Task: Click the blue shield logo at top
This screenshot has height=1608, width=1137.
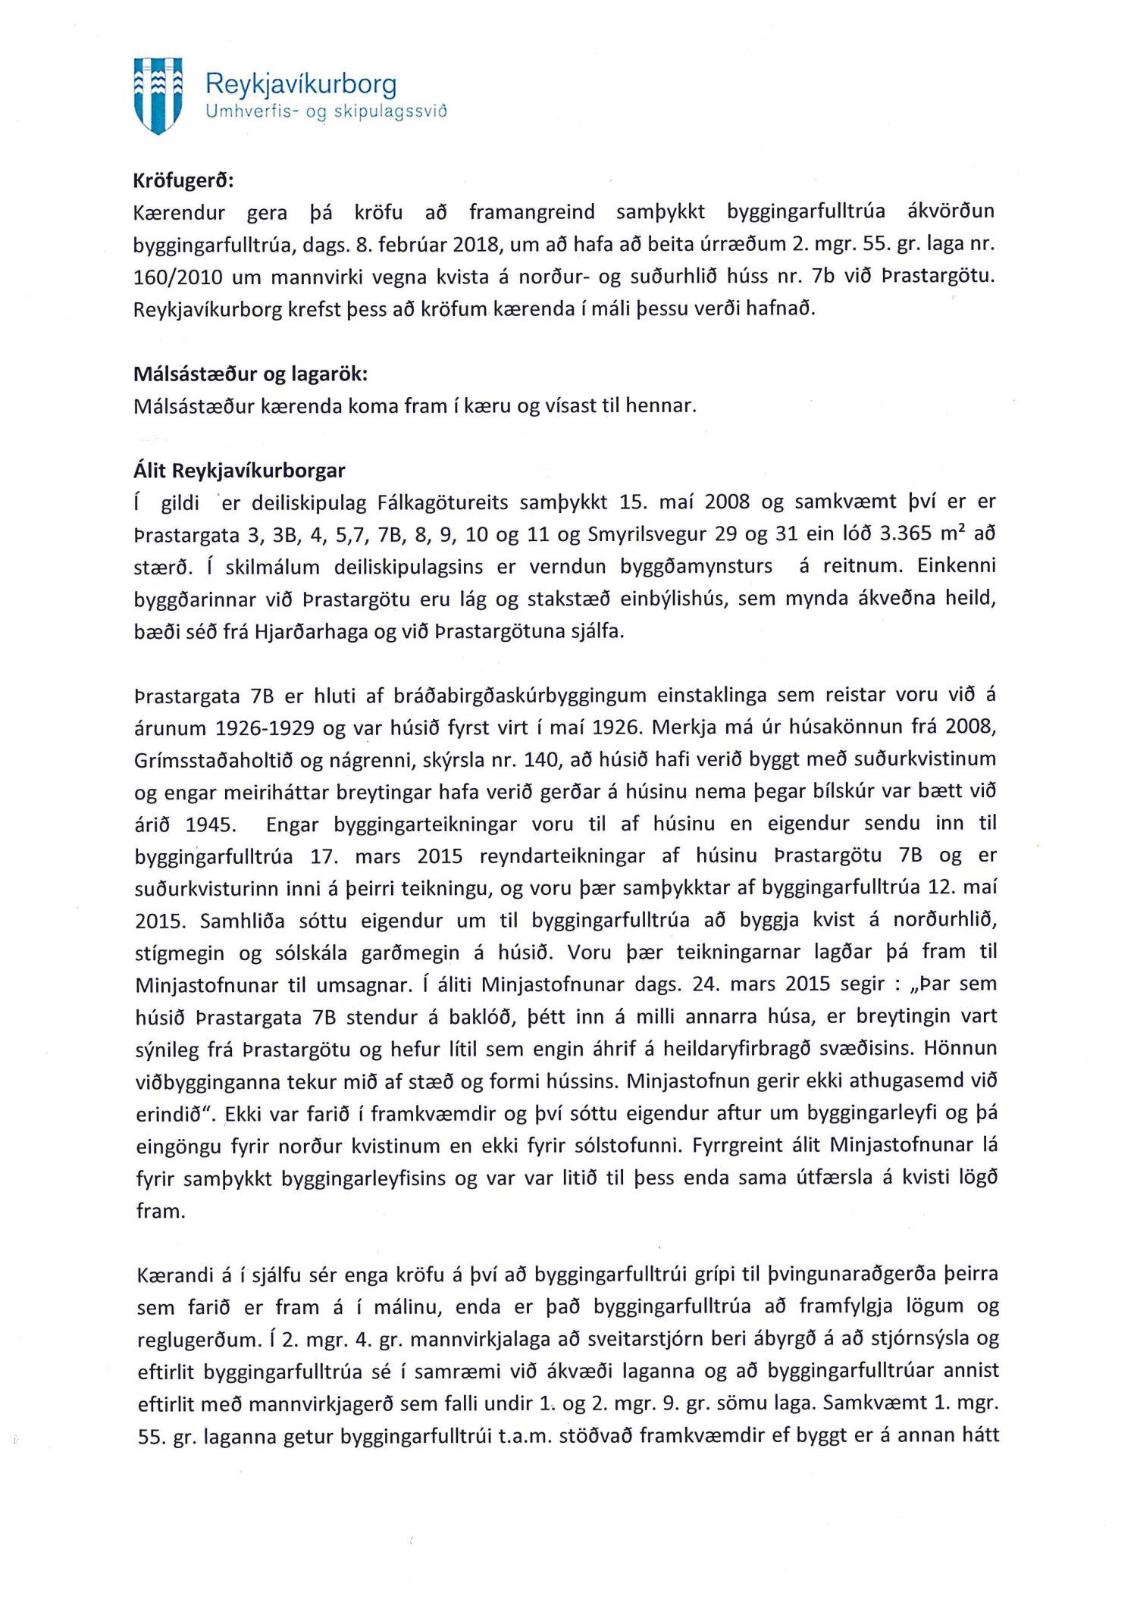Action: (x=158, y=95)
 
